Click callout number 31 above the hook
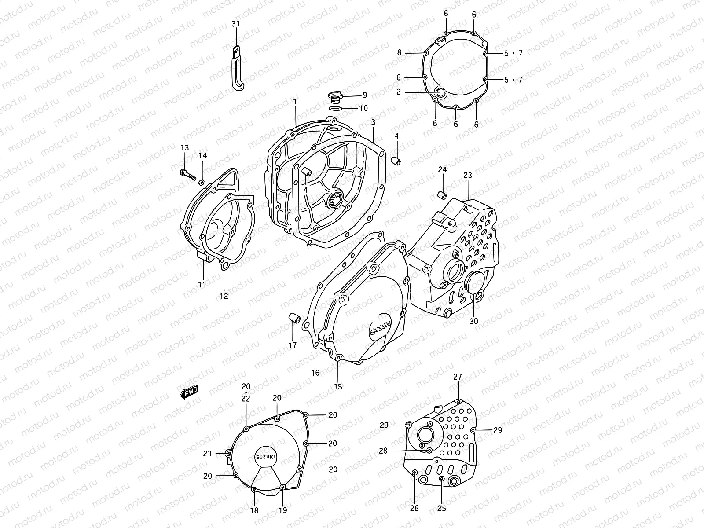click(x=236, y=24)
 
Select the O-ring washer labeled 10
click(x=335, y=108)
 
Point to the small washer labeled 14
click(x=202, y=182)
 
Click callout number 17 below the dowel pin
click(x=293, y=345)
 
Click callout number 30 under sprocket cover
click(x=473, y=321)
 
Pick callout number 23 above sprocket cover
click(x=467, y=175)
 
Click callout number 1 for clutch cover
click(x=295, y=101)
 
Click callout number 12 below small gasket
click(x=224, y=296)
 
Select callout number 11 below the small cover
click(x=202, y=285)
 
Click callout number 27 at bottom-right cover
click(x=458, y=377)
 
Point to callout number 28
click(x=383, y=451)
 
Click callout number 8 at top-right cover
click(x=400, y=52)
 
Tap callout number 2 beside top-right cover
click(x=398, y=92)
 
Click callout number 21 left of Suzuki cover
click(x=208, y=454)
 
